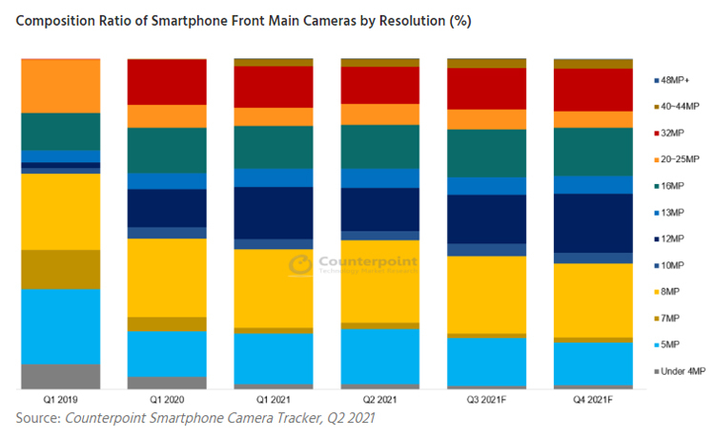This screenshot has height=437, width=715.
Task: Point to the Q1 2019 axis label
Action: pyautogui.click(x=60, y=401)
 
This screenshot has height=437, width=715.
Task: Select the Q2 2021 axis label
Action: pyautogui.click(x=379, y=401)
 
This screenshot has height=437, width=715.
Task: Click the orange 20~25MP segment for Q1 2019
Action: pyautogui.click(x=60, y=86)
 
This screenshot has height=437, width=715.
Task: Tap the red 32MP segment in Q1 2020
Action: pyautogui.click(x=167, y=81)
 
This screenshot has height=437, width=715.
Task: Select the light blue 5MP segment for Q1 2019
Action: pyautogui.click(x=60, y=326)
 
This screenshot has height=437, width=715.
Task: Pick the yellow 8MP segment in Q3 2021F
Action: pyautogui.click(x=486, y=295)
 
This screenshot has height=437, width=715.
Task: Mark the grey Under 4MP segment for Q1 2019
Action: pyautogui.click(x=60, y=377)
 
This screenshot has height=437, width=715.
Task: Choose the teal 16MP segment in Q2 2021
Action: pyautogui.click(x=379, y=146)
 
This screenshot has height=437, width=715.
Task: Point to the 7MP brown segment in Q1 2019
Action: pyautogui.click(x=60, y=269)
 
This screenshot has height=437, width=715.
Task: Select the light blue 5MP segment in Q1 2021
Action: pyautogui.click(x=274, y=358)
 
